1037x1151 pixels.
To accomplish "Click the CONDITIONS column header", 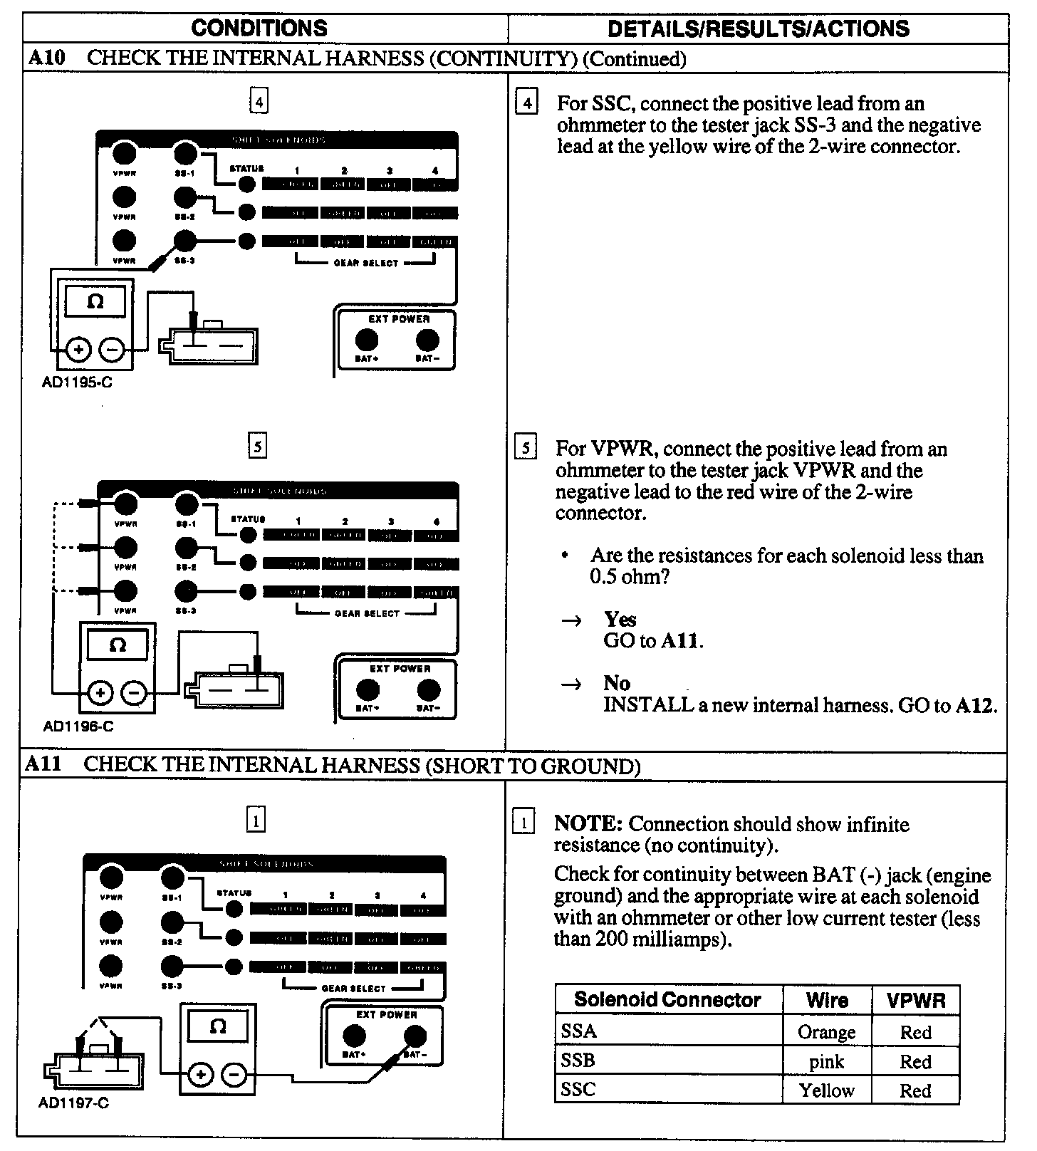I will tap(259, 28).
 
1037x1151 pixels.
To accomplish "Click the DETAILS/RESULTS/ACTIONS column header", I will tap(758, 28).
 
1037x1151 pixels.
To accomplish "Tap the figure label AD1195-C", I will tap(77, 382).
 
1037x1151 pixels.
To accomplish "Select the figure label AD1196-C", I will tap(78, 727).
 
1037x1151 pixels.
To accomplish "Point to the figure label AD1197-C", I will tap(73, 1103).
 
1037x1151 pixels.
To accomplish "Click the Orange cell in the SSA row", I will tap(826, 1032).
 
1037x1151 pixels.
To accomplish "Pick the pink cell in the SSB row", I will tap(826, 1062).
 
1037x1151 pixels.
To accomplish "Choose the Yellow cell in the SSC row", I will tap(826, 1090).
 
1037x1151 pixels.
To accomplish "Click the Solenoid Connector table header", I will tap(667, 1000).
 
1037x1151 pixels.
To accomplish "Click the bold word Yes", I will tap(620, 619).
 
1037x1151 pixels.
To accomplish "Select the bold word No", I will tap(617, 683).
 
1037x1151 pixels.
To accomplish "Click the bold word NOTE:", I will tap(588, 824).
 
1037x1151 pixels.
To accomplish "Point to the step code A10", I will tap(46, 58).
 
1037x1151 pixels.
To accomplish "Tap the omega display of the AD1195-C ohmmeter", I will tap(95, 301).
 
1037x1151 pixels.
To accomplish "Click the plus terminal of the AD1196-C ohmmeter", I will tap(101, 693).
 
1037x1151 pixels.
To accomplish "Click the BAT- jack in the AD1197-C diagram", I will tap(415, 1036).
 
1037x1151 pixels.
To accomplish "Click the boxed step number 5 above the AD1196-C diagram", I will tap(257, 447).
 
